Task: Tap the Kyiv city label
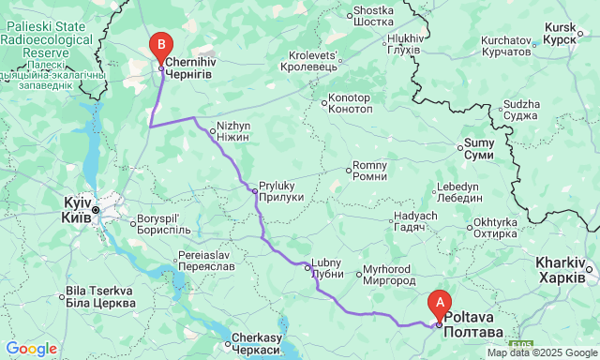77,209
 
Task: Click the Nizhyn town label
232,130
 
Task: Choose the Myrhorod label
388,274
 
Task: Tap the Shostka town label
373,18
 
